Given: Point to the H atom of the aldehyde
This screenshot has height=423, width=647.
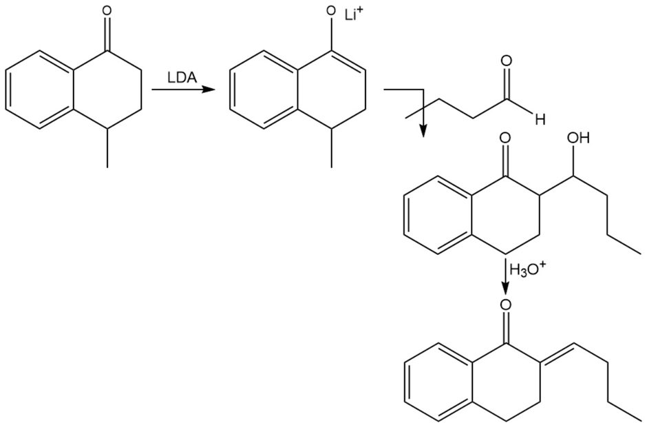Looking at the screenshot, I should [x=539, y=119].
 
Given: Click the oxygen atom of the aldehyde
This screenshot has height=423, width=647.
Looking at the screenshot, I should [x=507, y=61].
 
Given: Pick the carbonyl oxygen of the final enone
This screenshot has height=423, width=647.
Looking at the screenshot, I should [x=507, y=303].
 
